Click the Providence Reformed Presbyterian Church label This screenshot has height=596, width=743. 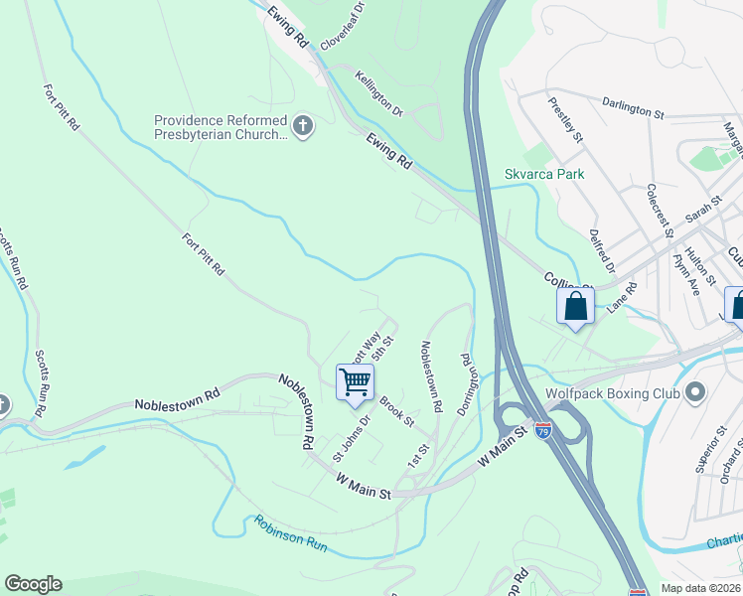tap(220, 127)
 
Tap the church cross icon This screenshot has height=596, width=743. tap(304, 126)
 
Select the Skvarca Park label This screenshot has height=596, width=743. tap(543, 174)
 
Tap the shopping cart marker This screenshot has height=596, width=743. tap(355, 382)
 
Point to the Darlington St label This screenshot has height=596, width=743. tap(633, 107)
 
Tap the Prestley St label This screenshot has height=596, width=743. tap(564, 120)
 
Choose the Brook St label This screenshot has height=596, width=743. tap(395, 411)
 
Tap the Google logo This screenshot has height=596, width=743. tap(33, 584)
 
